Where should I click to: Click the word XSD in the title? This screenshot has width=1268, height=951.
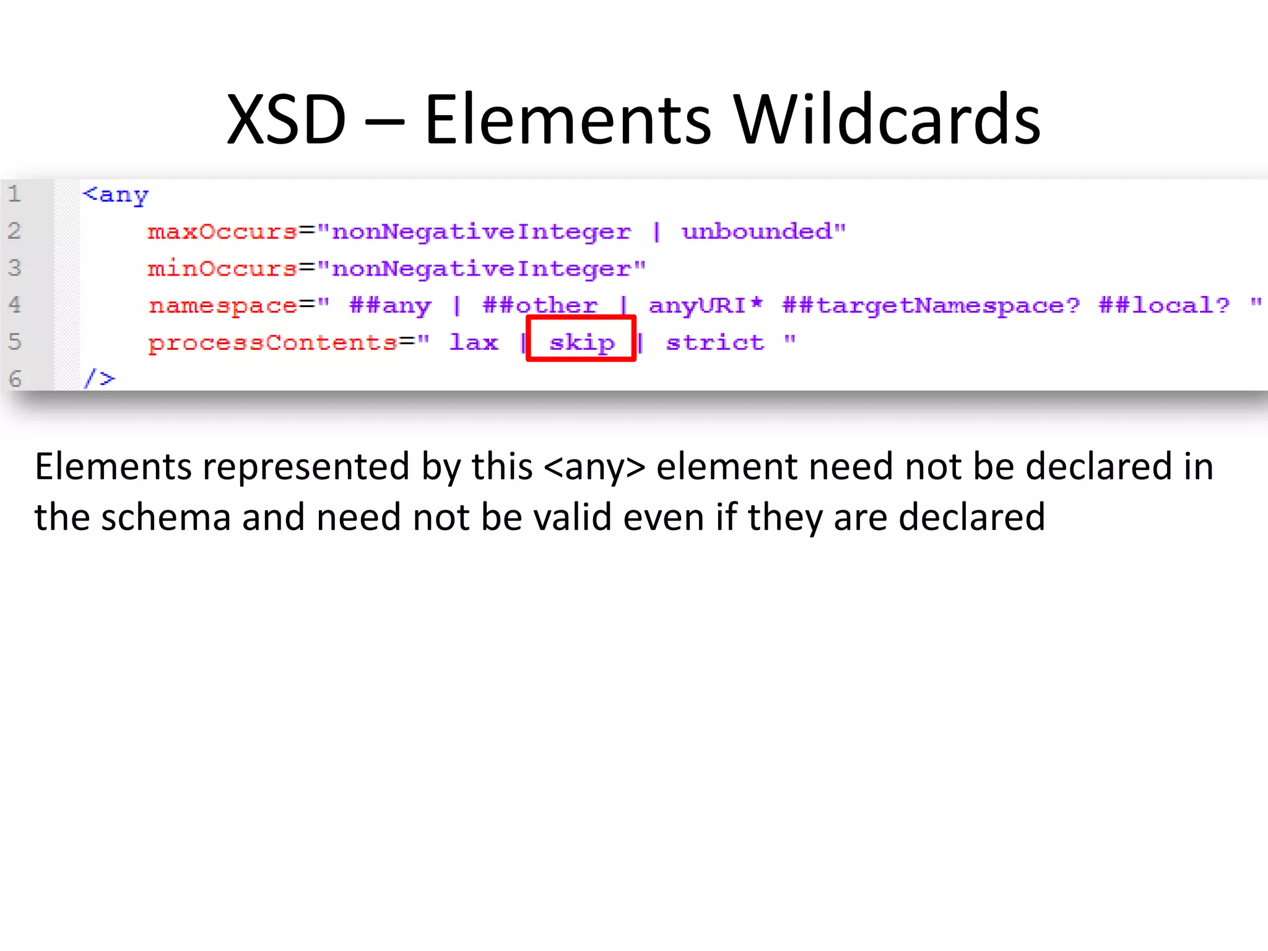[286, 119]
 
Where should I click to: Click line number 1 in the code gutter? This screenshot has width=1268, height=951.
[15, 194]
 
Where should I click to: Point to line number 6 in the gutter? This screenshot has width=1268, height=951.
[15, 378]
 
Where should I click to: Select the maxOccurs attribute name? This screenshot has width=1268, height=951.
[222, 232]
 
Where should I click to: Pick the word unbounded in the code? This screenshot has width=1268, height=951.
[757, 232]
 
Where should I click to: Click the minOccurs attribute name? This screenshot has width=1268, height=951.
[222, 269]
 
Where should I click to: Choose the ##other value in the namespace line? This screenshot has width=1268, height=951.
[540, 305]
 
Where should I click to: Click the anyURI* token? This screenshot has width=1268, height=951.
[705, 305]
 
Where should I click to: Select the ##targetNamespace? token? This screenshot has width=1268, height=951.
[931, 305]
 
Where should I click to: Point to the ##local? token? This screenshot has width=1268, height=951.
[1163, 305]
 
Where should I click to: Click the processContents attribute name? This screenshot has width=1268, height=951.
[272, 342]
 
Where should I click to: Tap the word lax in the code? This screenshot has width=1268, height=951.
[474, 342]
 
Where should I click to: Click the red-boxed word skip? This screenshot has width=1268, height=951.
[581, 342]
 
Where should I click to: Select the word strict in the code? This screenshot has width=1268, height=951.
[715, 342]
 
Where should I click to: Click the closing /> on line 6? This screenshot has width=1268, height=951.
[100, 378]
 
